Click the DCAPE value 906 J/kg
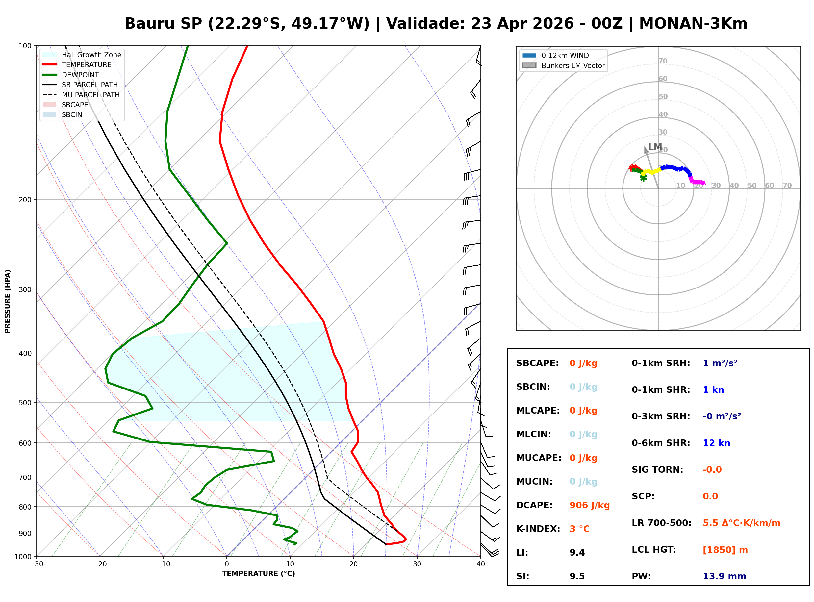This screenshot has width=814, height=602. tap(589, 505)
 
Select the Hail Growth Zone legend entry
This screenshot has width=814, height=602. tap(91, 55)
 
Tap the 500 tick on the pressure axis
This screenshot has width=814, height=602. tap(25, 403)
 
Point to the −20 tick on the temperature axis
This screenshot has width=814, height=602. tap(100, 564)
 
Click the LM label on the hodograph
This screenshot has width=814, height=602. tap(655, 147)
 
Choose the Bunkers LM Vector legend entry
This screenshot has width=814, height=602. tap(572, 65)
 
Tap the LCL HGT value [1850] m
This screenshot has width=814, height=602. tap(725, 550)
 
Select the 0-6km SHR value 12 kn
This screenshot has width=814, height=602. tap(716, 443)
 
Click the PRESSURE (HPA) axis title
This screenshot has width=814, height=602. tap(8, 301)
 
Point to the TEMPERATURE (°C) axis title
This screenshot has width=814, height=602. tap(258, 574)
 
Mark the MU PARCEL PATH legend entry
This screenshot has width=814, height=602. tap(90, 95)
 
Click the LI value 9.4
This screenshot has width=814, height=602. tap(577, 552)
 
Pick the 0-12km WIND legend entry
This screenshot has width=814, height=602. tap(565, 55)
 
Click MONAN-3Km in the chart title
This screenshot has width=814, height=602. tap(693, 24)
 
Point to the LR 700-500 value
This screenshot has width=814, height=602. tap(742, 523)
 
